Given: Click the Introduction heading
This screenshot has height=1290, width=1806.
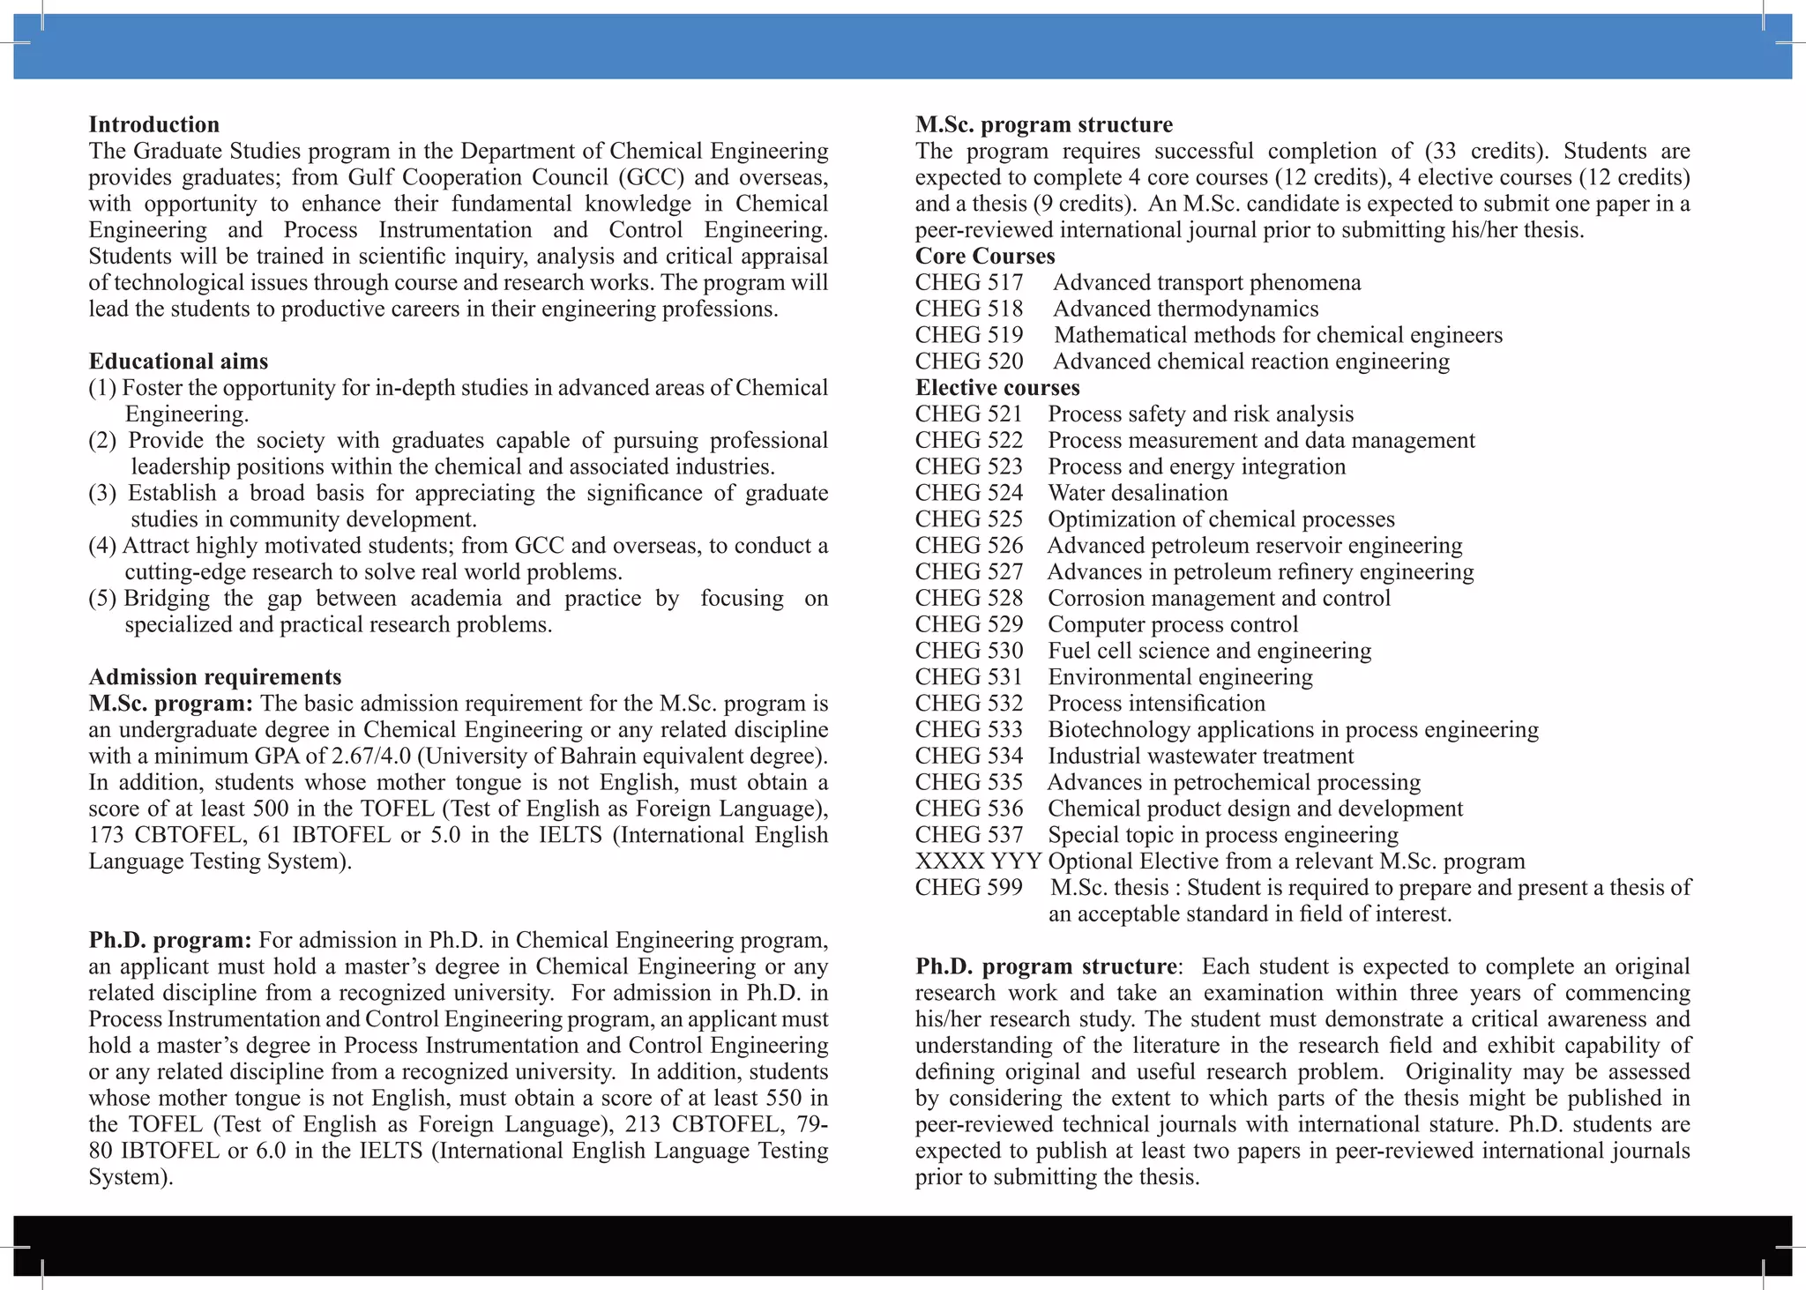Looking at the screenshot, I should click(x=153, y=124).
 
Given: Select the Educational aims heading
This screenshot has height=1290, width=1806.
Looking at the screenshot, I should click(x=178, y=362).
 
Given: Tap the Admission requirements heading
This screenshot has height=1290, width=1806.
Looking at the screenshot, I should click(x=214, y=677).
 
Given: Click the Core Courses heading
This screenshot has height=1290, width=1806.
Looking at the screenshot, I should click(x=984, y=257).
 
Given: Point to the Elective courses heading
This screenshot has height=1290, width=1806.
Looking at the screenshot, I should click(x=996, y=388).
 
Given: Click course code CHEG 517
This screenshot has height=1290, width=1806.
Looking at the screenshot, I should click(x=968, y=283).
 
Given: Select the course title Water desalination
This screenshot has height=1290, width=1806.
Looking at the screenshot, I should click(x=1137, y=493).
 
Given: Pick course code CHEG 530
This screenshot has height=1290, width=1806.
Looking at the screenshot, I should click(x=968, y=651).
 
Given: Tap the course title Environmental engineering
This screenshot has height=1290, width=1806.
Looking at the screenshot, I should click(x=1179, y=677).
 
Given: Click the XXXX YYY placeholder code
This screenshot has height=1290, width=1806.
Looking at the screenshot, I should click(x=977, y=861).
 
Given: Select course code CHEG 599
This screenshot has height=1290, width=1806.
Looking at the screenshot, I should click(x=968, y=888).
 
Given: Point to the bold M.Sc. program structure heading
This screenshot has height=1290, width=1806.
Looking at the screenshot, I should click(x=1043, y=124).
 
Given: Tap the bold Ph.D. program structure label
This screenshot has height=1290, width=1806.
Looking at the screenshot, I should click(x=1046, y=966).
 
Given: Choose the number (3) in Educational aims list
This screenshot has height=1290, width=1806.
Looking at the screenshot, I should click(x=102, y=493).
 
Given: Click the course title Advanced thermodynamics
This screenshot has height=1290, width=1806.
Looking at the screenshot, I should click(x=1185, y=309).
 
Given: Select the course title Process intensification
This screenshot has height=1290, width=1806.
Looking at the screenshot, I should click(x=1155, y=704).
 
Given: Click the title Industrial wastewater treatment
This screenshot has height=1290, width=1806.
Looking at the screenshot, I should click(x=1200, y=757).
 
